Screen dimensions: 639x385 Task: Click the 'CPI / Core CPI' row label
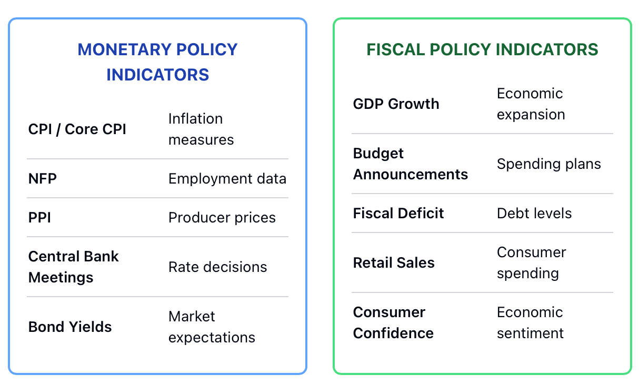(77, 129)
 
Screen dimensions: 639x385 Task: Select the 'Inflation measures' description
(201, 129)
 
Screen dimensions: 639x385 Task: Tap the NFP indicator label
(43, 179)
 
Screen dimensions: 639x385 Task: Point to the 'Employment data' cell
(227, 179)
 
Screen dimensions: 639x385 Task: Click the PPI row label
(39, 217)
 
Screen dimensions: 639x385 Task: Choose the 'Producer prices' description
(222, 217)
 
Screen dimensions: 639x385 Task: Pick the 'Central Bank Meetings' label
(73, 267)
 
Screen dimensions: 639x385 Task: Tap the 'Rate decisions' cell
(218, 267)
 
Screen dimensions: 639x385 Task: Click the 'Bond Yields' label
(70, 327)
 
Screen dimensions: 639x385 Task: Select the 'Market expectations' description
(212, 327)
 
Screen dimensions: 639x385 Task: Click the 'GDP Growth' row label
(396, 104)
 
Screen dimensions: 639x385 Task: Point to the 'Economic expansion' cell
(531, 104)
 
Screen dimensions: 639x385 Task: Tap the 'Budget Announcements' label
(411, 164)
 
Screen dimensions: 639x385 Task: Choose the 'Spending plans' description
(549, 164)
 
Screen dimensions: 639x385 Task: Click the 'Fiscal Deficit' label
(398, 213)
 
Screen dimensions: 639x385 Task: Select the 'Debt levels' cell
(534, 213)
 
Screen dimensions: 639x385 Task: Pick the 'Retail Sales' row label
(394, 262)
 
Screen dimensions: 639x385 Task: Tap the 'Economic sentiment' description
(531, 323)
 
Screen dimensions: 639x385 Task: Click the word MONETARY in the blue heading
(125, 49)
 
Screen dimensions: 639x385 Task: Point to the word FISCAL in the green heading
(396, 49)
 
